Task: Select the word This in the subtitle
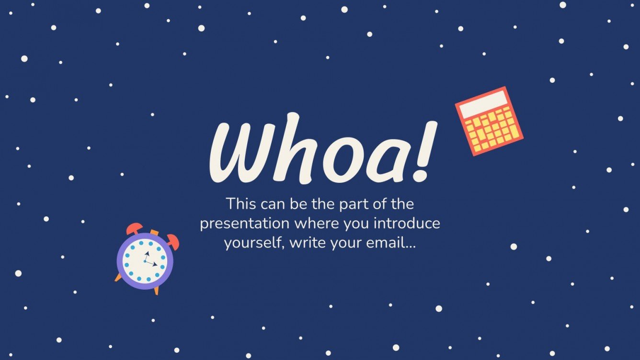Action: [241, 204]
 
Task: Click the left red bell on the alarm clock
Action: [134, 228]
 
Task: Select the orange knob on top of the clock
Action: [154, 233]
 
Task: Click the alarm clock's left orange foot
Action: [118, 278]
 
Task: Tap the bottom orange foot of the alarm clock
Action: [156, 290]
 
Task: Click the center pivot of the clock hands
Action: [145, 261]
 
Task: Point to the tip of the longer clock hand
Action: [156, 265]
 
